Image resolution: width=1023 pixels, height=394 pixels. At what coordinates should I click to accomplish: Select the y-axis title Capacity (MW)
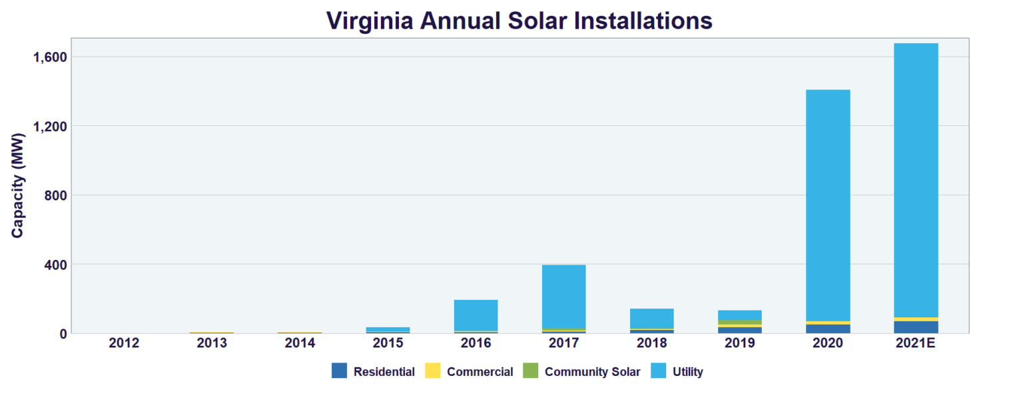tap(18, 185)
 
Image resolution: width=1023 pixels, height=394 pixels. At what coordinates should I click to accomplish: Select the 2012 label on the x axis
tap(124, 343)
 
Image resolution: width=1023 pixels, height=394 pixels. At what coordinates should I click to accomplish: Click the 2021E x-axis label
tap(916, 343)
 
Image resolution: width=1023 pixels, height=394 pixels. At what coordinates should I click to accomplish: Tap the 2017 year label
tap(563, 343)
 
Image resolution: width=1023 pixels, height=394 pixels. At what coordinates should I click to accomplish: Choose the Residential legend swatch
tap(340, 371)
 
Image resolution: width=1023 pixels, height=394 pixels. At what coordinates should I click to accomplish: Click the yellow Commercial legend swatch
tap(433, 371)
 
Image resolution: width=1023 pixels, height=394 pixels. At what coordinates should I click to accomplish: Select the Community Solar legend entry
tap(531, 371)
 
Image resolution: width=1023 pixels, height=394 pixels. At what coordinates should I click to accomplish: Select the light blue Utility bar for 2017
tap(563, 297)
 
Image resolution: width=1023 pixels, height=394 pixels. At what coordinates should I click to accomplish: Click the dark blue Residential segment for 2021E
tap(916, 327)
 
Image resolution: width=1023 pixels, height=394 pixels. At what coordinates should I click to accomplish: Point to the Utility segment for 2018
tap(651, 318)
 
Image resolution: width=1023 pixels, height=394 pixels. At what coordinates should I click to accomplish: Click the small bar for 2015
tap(388, 329)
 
